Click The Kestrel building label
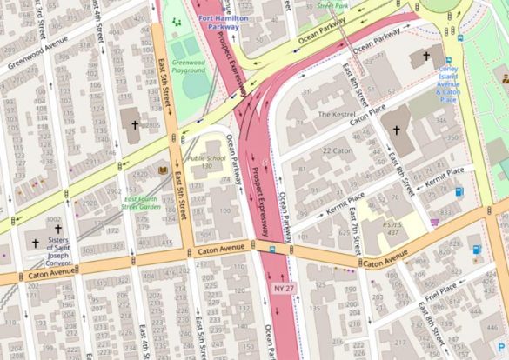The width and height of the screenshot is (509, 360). (x=336, y=114)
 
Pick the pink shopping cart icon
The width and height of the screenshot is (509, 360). (x=433, y=223)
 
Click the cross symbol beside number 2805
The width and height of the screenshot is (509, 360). (x=133, y=125)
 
